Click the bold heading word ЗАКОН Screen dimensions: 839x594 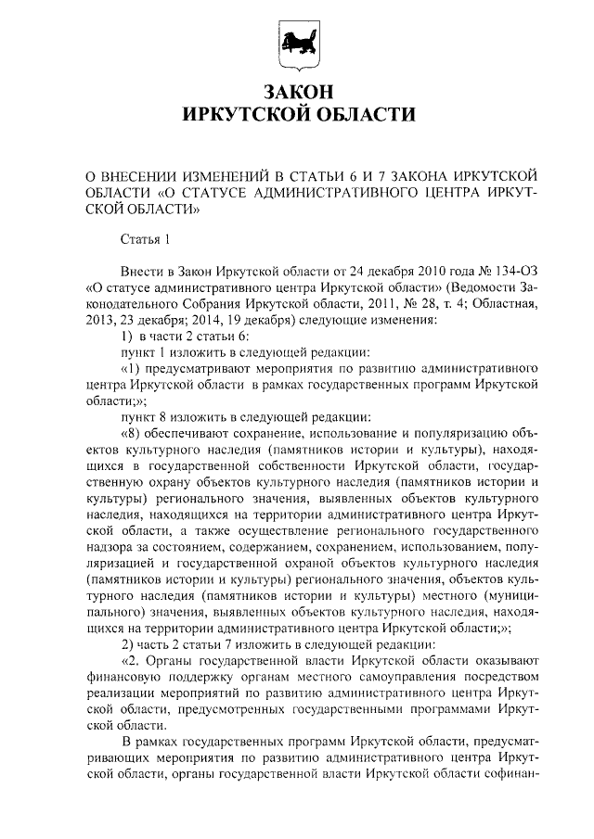pos(297,92)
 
